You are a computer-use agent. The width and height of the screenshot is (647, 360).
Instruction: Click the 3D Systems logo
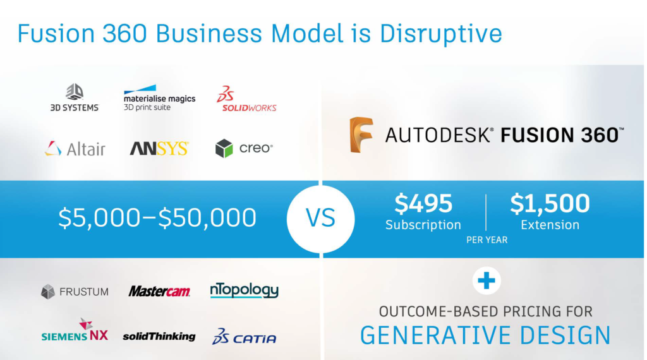75,97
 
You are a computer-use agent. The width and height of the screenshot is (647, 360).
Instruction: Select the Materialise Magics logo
159,98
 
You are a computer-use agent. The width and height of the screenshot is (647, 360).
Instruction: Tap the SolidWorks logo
246,99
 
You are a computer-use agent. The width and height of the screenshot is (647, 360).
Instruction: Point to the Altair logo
75,148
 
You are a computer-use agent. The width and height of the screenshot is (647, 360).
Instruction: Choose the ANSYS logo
159,148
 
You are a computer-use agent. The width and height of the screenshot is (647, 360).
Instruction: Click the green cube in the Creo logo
224,148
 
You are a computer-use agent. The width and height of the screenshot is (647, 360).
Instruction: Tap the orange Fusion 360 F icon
361,135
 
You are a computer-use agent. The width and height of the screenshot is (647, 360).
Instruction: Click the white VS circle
320,219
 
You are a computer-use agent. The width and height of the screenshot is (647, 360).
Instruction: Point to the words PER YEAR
487,240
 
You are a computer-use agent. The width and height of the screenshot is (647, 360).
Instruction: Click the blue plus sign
487,281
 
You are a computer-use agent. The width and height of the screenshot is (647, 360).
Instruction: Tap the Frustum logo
75,292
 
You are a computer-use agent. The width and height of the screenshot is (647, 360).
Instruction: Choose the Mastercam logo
159,291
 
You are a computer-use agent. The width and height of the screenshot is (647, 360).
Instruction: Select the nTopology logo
245,291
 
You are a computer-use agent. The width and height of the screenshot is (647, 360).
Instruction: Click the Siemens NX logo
75,330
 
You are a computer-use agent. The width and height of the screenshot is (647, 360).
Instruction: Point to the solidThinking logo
159,337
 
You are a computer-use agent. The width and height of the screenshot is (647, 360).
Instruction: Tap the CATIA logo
245,337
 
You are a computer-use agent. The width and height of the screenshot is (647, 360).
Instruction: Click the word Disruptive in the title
440,34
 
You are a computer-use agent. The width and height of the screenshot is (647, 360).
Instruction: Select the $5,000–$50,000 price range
157,218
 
